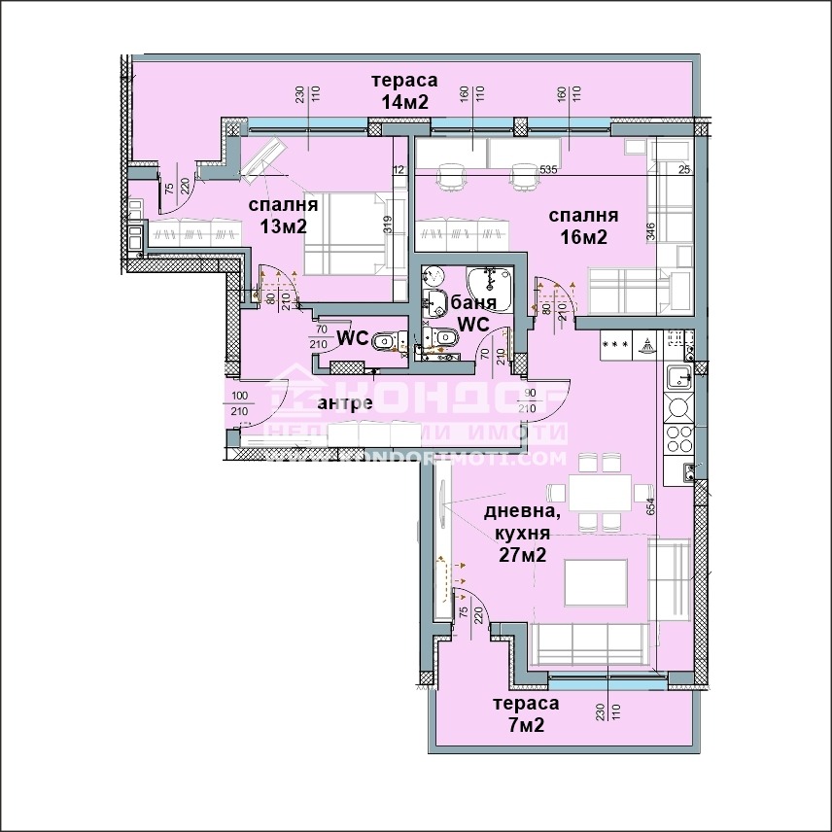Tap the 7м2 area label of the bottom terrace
(x=525, y=726)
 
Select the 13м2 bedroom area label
(x=283, y=226)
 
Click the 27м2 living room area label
(x=522, y=556)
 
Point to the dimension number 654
(x=650, y=506)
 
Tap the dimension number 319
(x=388, y=225)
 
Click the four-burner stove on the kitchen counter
(x=676, y=439)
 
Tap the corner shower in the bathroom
(x=491, y=283)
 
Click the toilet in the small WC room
(x=386, y=340)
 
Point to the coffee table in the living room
(x=595, y=580)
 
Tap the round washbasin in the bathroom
(x=434, y=276)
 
